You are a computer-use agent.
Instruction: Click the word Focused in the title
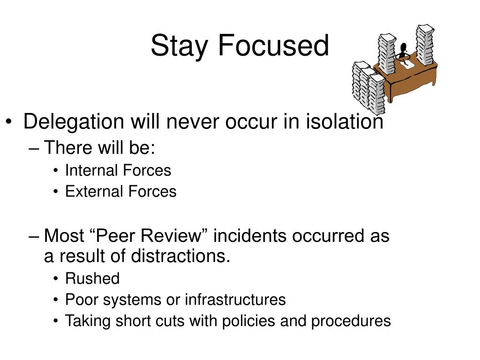[273, 45]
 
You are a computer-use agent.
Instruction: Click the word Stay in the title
[180, 46]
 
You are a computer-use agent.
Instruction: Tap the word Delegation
[74, 122]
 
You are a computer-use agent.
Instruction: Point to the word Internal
[91, 170]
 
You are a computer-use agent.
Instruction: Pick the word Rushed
[92, 278]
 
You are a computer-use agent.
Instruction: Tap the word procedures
[351, 321]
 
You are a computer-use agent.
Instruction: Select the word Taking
[88, 321]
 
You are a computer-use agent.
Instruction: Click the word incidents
[250, 236]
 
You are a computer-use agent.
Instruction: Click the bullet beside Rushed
[55, 278]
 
